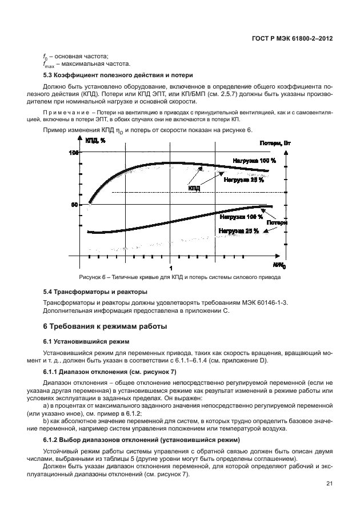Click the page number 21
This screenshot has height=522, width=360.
coord(329,485)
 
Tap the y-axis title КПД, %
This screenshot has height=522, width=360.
coord(95,141)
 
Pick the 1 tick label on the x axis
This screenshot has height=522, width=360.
coord(170,268)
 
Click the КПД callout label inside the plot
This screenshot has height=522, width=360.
coord(194,188)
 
